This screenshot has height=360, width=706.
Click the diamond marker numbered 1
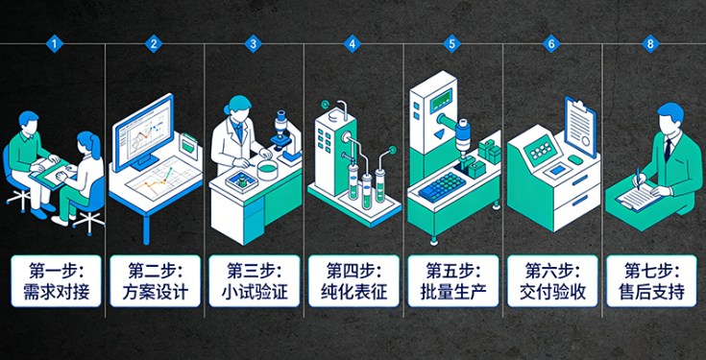(x=55, y=43)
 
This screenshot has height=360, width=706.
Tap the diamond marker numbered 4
(x=353, y=43)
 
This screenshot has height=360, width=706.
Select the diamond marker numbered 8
(x=650, y=43)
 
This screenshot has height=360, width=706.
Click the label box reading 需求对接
(x=57, y=281)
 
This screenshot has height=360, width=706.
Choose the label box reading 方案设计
(x=156, y=281)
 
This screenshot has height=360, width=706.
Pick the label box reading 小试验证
(x=255, y=281)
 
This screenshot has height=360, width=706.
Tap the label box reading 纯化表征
(x=353, y=281)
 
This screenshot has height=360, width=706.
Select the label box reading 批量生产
(x=453, y=281)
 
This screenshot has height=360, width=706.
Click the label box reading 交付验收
(x=552, y=281)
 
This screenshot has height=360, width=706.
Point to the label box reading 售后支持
(x=651, y=281)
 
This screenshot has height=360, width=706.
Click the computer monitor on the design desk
(x=143, y=132)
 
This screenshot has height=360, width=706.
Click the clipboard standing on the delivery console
(x=580, y=126)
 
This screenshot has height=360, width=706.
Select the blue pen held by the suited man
(x=639, y=179)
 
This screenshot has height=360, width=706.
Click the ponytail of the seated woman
(x=95, y=145)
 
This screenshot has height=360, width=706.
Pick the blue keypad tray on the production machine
(x=442, y=186)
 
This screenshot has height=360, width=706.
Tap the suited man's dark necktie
(x=669, y=150)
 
